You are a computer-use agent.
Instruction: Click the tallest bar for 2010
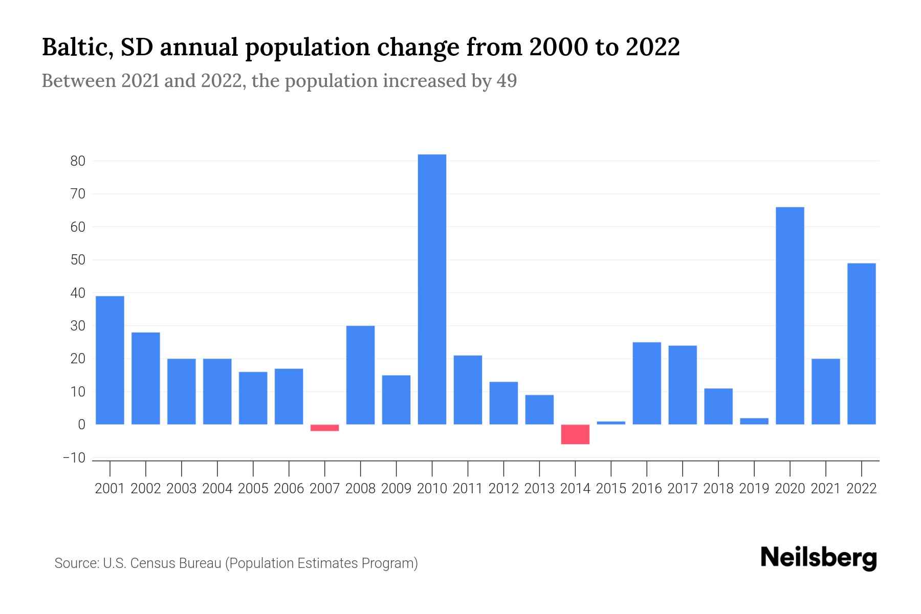point(432,289)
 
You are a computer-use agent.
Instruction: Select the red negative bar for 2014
point(575,434)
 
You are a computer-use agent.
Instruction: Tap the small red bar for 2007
point(324,428)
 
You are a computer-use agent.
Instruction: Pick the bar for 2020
point(790,316)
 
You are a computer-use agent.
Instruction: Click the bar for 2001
point(110,360)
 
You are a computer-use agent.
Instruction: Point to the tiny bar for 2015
point(611,423)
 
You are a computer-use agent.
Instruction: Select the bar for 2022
point(861,344)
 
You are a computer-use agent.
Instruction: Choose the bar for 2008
point(360,375)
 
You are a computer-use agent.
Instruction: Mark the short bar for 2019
point(754,421)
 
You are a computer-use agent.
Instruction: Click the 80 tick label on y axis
point(78,161)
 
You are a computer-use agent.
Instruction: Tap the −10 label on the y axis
point(74,458)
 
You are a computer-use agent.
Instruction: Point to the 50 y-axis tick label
point(78,260)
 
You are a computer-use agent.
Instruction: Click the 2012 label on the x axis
point(503,489)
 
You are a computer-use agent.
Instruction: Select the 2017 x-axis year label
point(682,489)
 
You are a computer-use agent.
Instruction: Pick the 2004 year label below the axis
point(217,489)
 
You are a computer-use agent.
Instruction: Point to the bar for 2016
point(647,383)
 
